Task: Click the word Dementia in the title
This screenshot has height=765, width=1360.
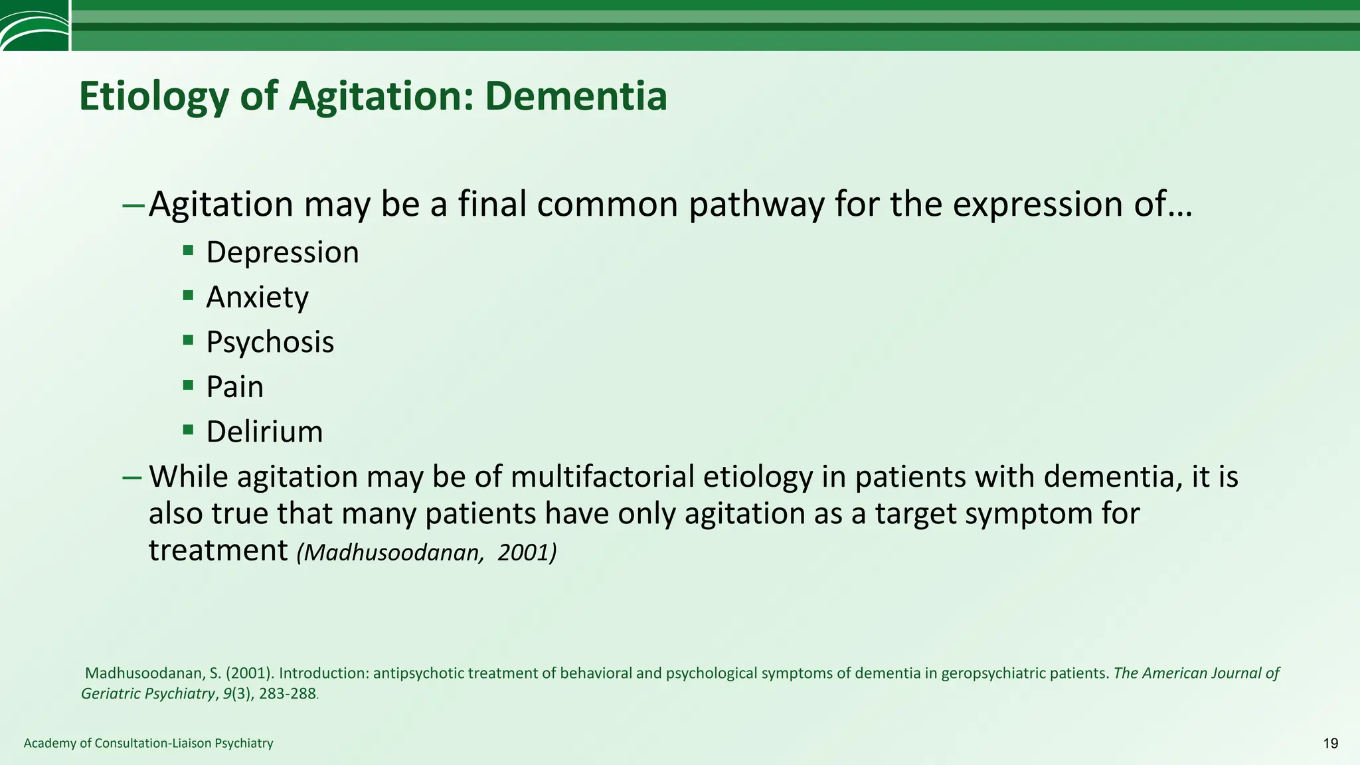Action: pyautogui.click(x=575, y=96)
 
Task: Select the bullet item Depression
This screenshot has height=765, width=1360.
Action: pyautogui.click(x=282, y=252)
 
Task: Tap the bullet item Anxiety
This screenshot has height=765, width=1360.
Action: pyautogui.click(x=257, y=297)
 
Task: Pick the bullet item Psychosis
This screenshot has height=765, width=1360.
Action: pyautogui.click(x=270, y=342)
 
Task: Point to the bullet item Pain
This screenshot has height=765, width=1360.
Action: pyautogui.click(x=234, y=386)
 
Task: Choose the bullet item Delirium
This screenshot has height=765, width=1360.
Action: pyautogui.click(x=264, y=432)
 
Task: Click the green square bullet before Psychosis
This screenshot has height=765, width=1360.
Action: pyautogui.click(x=189, y=340)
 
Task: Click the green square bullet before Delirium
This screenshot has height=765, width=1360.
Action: pyautogui.click(x=189, y=430)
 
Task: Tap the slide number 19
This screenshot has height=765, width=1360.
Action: pyautogui.click(x=1330, y=743)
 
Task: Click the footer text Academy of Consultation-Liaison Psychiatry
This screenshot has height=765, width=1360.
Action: pyautogui.click(x=148, y=743)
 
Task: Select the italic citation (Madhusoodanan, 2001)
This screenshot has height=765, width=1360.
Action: pyautogui.click(x=426, y=552)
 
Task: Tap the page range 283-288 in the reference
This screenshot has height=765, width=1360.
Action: pyautogui.click(x=288, y=694)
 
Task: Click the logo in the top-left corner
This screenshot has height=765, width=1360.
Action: pyautogui.click(x=34, y=25)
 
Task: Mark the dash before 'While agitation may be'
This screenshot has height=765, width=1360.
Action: pyautogui.click(x=132, y=477)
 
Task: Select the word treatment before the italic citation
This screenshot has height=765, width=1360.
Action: pyautogui.click(x=218, y=551)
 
